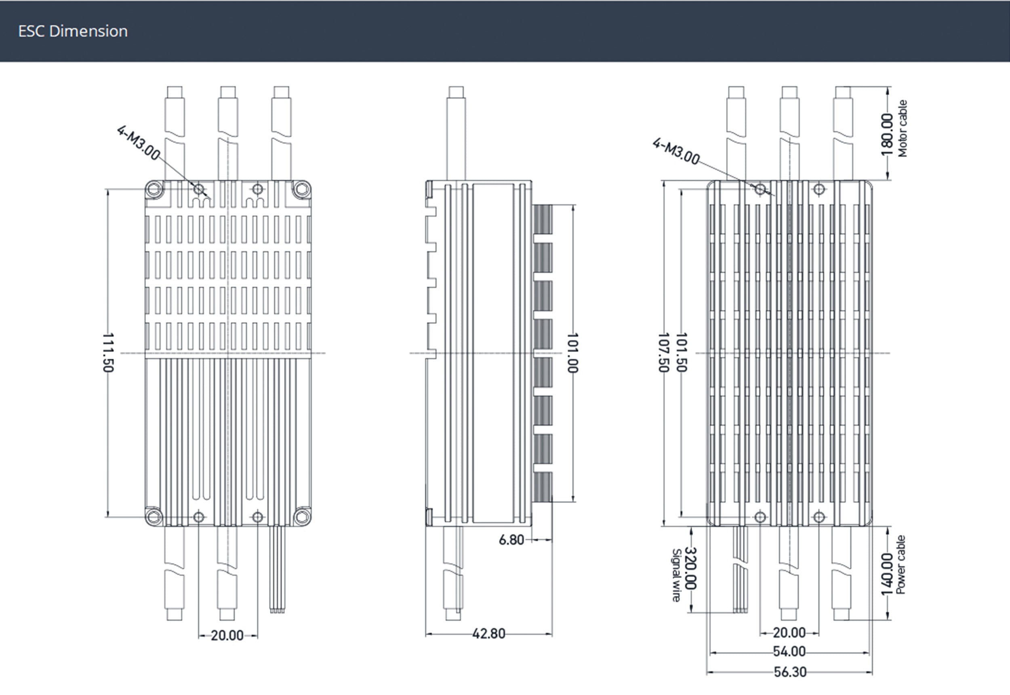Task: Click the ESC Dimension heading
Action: [x=73, y=31]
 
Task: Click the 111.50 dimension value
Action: [x=108, y=353]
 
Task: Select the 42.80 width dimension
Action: [x=489, y=634]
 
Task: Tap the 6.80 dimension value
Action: [x=511, y=540]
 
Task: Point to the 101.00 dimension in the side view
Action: [x=572, y=353]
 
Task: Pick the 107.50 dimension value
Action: [x=663, y=353]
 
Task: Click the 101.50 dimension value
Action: [x=681, y=353]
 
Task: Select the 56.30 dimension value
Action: [x=790, y=672]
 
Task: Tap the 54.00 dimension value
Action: [x=789, y=651]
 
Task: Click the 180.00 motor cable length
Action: [x=887, y=134]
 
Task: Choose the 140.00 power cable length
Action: [x=887, y=574]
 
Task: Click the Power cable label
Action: [x=901, y=565]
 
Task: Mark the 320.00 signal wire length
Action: [x=691, y=568]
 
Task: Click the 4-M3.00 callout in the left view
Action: [x=138, y=142]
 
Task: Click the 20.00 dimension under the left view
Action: [x=227, y=636]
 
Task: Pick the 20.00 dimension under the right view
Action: [x=789, y=632]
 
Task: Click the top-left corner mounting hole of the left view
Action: [x=154, y=189]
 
